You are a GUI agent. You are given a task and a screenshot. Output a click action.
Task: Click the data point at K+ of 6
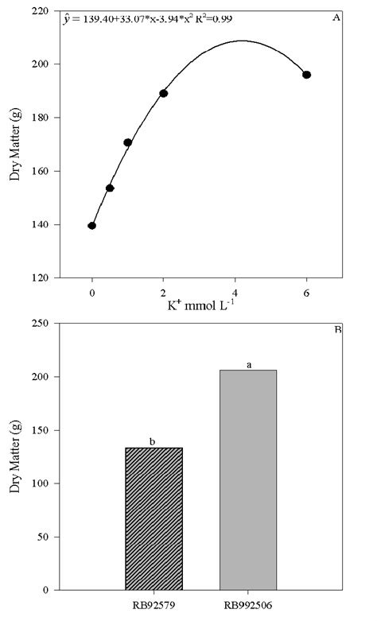[x=306, y=75]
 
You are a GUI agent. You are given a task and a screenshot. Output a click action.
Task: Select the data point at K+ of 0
[x=92, y=226]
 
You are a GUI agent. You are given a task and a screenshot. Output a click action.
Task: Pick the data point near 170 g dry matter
[x=127, y=142]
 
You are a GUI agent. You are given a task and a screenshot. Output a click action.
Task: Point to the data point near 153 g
[x=110, y=188]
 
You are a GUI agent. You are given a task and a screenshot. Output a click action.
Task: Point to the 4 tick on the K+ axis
[x=235, y=292]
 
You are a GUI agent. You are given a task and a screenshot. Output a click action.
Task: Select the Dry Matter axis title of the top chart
[x=16, y=144]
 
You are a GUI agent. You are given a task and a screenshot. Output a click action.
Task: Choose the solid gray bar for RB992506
[x=247, y=479]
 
